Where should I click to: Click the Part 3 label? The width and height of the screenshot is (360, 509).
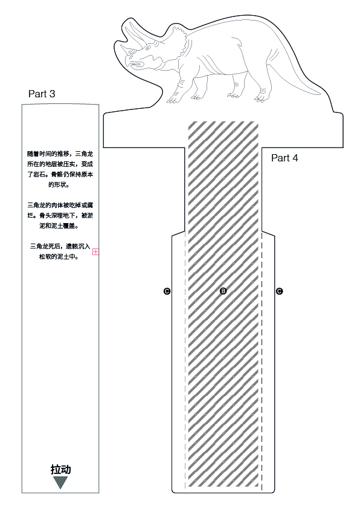click(x=42, y=94)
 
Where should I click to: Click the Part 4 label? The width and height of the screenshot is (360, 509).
click(x=284, y=158)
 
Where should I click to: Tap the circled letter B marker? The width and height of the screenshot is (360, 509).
click(x=223, y=291)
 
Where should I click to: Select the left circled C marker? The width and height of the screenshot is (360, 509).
click(x=167, y=291)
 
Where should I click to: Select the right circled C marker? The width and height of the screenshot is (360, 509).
click(x=279, y=291)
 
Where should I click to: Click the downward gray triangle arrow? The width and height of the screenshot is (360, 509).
click(x=60, y=482)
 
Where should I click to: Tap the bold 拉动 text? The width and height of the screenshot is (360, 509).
click(x=60, y=469)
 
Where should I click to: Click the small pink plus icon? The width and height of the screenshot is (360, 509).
click(x=95, y=251)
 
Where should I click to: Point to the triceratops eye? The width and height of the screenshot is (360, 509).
click(x=148, y=48)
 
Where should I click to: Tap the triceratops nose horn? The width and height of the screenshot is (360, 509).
click(x=125, y=48)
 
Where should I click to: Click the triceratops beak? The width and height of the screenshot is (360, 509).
click(x=129, y=62)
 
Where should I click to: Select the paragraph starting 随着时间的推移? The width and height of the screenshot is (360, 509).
click(x=60, y=169)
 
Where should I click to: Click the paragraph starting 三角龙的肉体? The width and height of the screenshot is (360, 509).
click(x=60, y=216)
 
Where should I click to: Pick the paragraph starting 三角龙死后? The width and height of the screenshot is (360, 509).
click(x=60, y=251)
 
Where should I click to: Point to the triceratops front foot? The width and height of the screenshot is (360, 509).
click(x=173, y=99)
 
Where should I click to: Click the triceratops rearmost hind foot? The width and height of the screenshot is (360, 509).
click(x=260, y=99)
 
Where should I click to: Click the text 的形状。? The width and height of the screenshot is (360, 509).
click(x=59, y=185)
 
